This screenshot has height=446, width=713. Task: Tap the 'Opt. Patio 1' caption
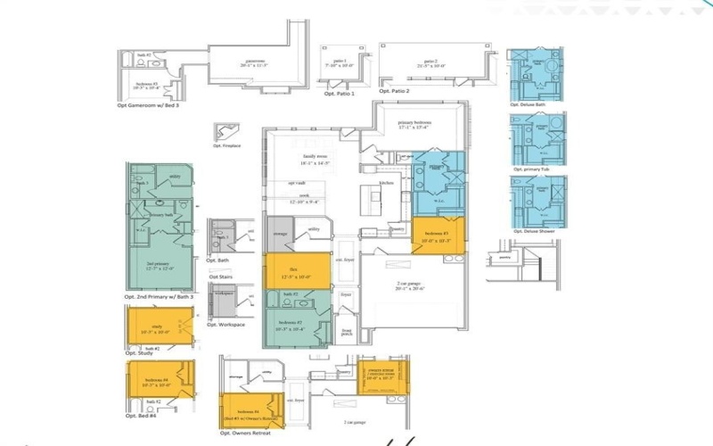point(339,93)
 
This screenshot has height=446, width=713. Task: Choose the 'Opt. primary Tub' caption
point(533,169)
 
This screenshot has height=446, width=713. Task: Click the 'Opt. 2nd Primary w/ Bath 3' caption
point(160,296)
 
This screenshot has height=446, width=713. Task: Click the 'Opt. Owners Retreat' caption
point(244,433)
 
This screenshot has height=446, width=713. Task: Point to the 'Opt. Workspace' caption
point(225,324)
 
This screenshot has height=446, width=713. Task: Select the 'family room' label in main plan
point(316,159)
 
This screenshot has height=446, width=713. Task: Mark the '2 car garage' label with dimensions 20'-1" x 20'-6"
point(411,286)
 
